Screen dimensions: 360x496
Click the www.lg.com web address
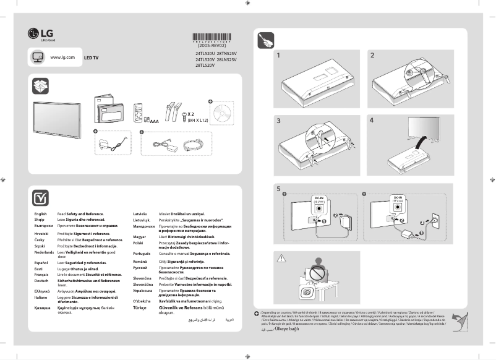click(62, 57)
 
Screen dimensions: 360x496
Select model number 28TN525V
click(227, 54)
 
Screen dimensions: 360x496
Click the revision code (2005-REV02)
click(212, 45)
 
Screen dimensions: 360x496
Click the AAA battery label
click(155, 122)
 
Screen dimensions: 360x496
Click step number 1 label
click(280, 56)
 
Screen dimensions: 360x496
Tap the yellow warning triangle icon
click(283, 257)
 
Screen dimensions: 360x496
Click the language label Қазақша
click(41, 307)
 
